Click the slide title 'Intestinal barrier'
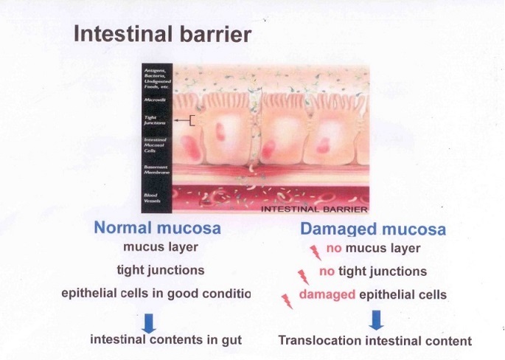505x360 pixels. click(162, 35)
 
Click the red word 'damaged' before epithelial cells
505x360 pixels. click(327, 295)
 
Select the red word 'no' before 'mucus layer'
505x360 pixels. click(333, 249)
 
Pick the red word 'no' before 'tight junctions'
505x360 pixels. click(327, 272)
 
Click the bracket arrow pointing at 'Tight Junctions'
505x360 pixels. click(184, 121)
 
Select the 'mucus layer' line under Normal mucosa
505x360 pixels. click(157, 248)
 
